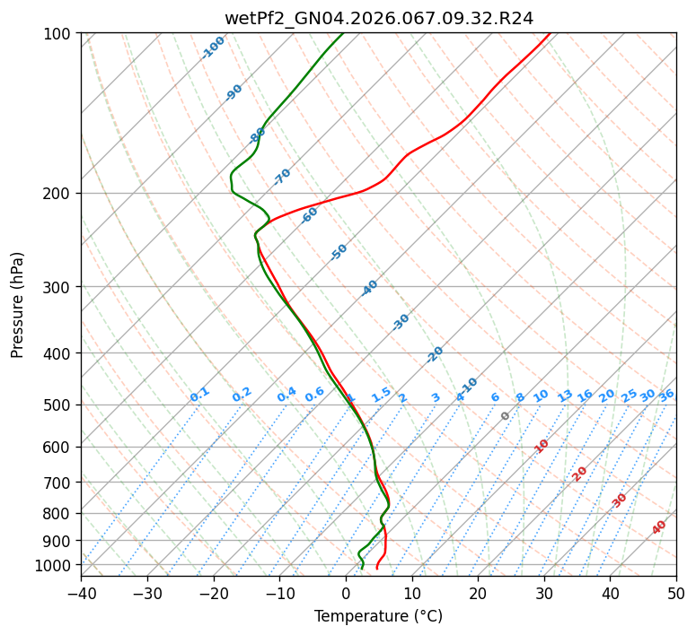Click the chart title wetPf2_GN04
[378, 18]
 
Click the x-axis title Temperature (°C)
[378, 616]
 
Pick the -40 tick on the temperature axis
[81, 593]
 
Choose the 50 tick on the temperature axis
[676, 593]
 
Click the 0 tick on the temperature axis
[346, 593]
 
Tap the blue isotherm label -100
[213, 48]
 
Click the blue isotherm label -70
[282, 177]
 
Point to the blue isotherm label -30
[401, 322]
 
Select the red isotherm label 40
[659, 527]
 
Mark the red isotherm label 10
[542, 446]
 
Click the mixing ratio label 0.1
[199, 395]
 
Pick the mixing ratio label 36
[666, 395]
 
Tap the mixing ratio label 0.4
[286, 395]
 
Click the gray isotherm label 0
[506, 416]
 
